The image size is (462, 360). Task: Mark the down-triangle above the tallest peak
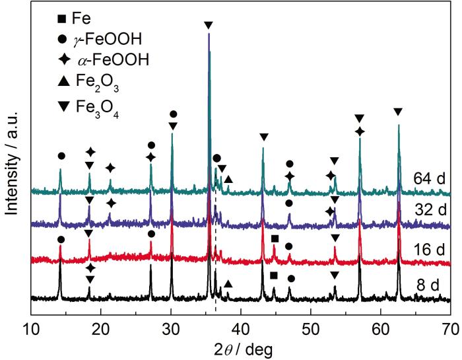pos(209,25)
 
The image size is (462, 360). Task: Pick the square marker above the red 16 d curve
pos(275,238)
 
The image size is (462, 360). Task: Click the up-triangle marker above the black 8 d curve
pos(228,283)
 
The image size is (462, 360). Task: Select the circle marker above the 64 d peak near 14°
pos(61,156)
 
